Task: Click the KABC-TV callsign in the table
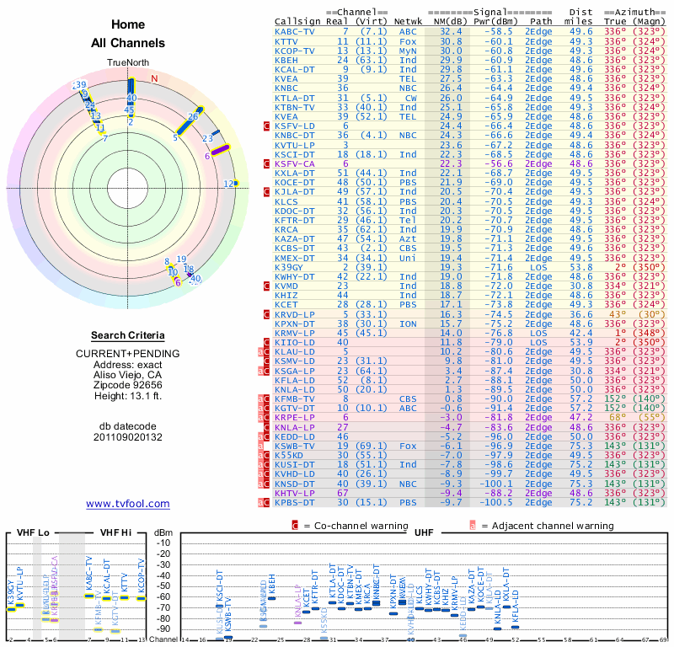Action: [x=295, y=32]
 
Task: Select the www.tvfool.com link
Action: [x=128, y=504]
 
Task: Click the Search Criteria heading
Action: [x=128, y=335]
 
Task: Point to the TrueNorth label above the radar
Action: [x=128, y=64]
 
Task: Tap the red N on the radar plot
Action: [x=154, y=79]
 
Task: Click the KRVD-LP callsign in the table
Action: [x=295, y=314]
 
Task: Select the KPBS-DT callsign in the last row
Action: [x=295, y=503]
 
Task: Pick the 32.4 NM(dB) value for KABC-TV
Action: [x=450, y=32]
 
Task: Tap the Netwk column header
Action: [x=409, y=21]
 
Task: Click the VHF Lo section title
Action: [x=31, y=532]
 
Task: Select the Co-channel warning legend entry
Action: [x=345, y=525]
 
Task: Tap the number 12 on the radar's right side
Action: [x=228, y=184]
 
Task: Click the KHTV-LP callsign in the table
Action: [x=295, y=493]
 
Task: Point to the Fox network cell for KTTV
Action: [x=408, y=41]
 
